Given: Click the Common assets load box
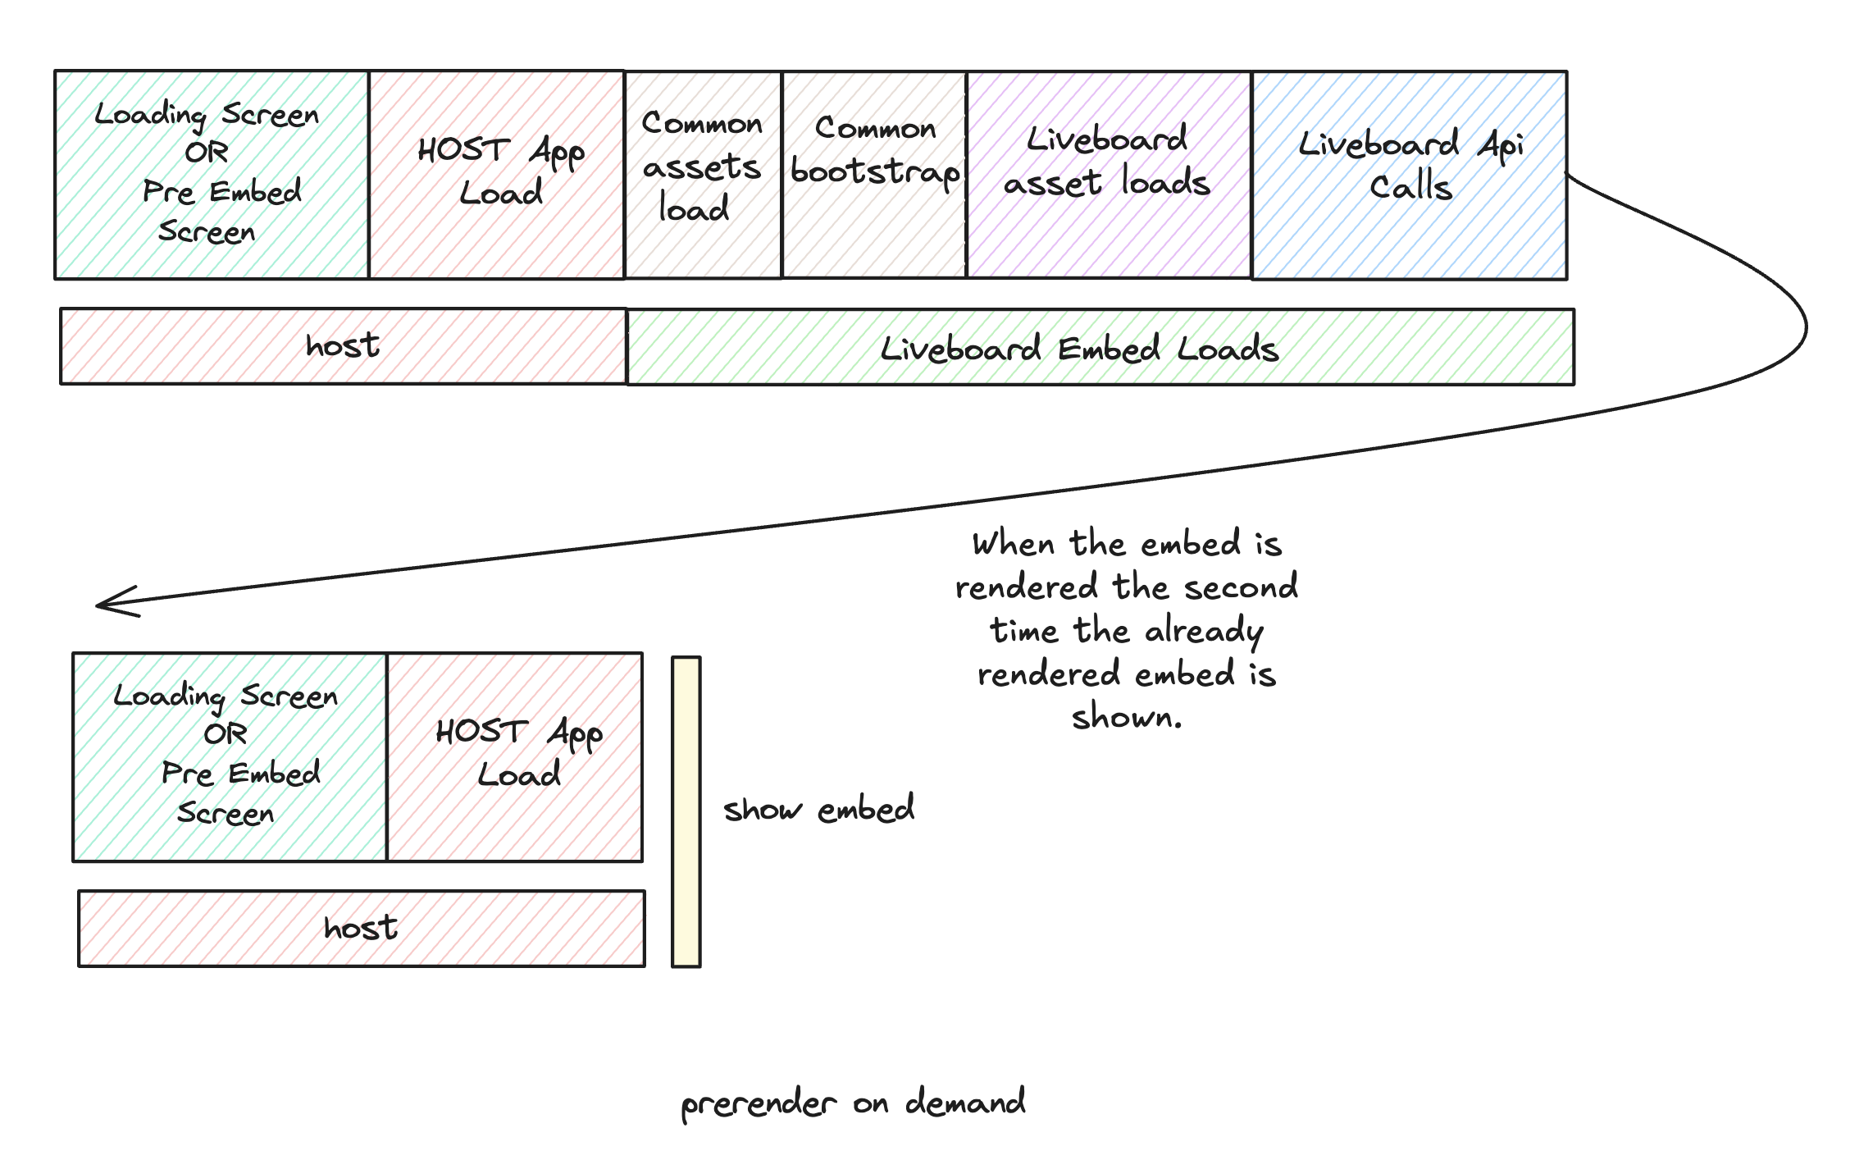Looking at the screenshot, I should point(702,174).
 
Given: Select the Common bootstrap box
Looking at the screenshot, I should point(874,174).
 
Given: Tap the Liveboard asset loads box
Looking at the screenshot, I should point(1108,174).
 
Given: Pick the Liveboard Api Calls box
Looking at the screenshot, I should point(1409,174).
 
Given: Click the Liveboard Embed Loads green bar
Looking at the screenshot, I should point(1100,347).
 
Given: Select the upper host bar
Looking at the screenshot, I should point(343,346).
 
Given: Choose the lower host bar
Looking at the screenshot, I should point(361,929).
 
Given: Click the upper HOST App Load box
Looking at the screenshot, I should point(496,174).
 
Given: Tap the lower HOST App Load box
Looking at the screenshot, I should point(514,756).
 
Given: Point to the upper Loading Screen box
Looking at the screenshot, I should point(211,174).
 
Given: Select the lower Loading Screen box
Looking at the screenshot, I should point(229,756).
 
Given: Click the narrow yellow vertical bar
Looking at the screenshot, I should point(686,811).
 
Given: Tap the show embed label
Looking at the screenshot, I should point(818,810).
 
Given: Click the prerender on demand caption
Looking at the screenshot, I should point(853,1103).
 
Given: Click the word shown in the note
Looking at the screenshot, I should point(1126,718).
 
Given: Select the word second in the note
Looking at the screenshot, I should point(1240,587).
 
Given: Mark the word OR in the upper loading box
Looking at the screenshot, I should point(207,153).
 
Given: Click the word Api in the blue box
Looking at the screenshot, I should point(1500,146).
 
